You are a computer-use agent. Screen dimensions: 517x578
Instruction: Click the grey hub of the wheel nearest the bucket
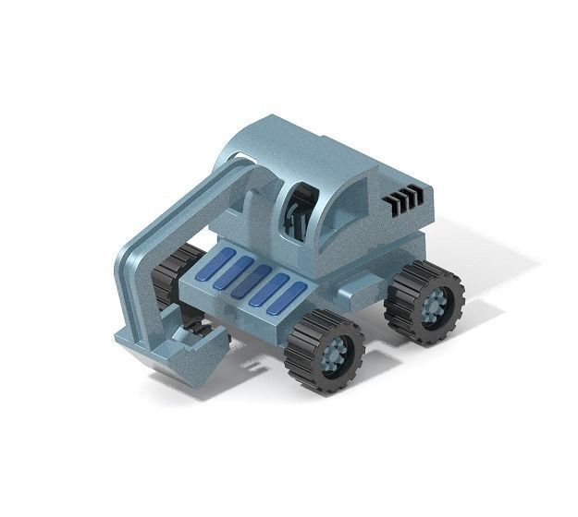(334, 353)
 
